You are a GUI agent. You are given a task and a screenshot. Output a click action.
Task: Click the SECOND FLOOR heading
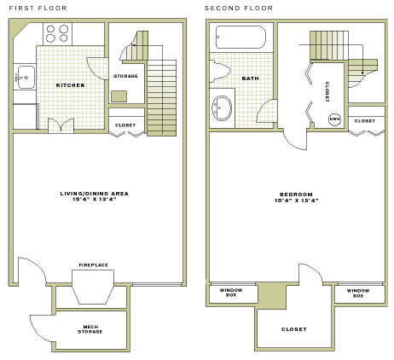point(240,8)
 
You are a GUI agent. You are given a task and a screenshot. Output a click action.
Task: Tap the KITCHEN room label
point(70,85)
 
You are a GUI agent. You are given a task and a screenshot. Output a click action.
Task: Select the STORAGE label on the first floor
point(125,76)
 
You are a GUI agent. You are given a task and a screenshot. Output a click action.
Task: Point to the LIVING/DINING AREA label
point(94,194)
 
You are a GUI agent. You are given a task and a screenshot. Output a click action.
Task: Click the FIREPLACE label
point(93,265)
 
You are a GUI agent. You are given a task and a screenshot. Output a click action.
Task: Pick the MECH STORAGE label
point(91,328)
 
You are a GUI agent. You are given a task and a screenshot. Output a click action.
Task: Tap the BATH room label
point(250,78)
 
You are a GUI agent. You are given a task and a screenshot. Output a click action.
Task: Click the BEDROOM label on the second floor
point(296,194)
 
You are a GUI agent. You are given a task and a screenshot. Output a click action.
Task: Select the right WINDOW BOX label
point(358,293)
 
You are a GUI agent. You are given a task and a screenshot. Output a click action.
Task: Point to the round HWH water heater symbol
point(334,119)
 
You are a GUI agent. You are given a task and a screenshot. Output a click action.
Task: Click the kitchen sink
point(24,78)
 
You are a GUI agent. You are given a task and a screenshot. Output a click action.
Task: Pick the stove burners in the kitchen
point(57,33)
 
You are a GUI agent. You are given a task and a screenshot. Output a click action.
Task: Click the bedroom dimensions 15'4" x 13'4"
point(296,200)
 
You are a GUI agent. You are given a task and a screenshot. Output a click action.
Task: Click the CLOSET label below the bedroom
point(294,328)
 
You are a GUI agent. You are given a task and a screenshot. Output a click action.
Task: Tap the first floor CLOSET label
point(125,125)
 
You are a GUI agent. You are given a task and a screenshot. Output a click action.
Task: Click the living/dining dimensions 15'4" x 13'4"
point(94,200)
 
